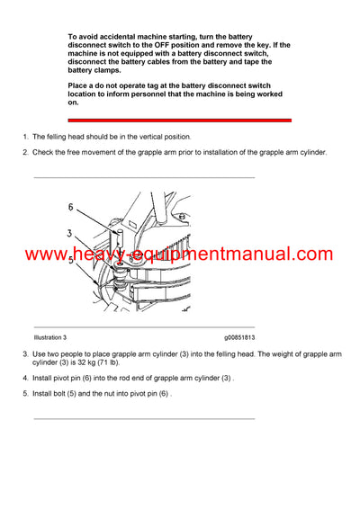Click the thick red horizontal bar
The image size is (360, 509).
[179, 120]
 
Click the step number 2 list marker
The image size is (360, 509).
[25, 152]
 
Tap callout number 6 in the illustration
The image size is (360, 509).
[69, 207]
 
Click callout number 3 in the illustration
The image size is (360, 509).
[69, 233]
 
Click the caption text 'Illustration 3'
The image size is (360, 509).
[50, 337]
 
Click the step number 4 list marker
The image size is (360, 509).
[25, 378]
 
